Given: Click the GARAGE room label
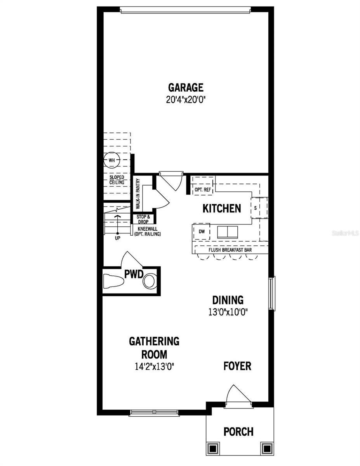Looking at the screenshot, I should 186,87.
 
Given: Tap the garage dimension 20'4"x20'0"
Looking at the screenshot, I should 186,99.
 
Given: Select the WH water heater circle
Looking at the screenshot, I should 112,160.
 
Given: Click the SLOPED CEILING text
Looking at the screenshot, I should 117,180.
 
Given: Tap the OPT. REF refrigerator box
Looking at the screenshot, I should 202,190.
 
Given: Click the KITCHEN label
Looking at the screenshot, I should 222,209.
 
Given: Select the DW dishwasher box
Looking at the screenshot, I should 202,231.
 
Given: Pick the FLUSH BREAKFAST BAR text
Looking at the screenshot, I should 230,250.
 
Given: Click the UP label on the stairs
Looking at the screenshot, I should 117,238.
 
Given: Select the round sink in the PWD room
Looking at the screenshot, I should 150,281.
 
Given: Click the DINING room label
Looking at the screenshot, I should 228,300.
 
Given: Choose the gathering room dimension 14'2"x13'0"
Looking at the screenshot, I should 154,365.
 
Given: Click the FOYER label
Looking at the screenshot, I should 237,366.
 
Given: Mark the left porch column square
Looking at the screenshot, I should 213,448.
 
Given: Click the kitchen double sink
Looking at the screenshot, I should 228,232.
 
